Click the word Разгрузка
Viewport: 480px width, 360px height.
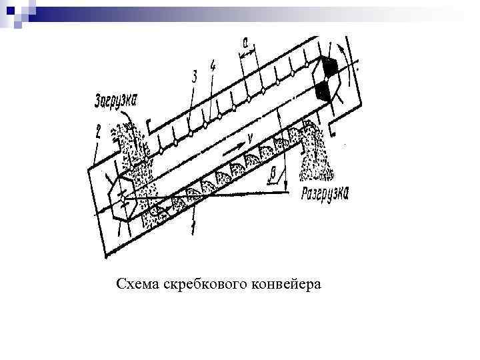coord(325,193)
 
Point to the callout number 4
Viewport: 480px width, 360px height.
coord(212,66)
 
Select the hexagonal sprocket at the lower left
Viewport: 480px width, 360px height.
coord(124,197)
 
